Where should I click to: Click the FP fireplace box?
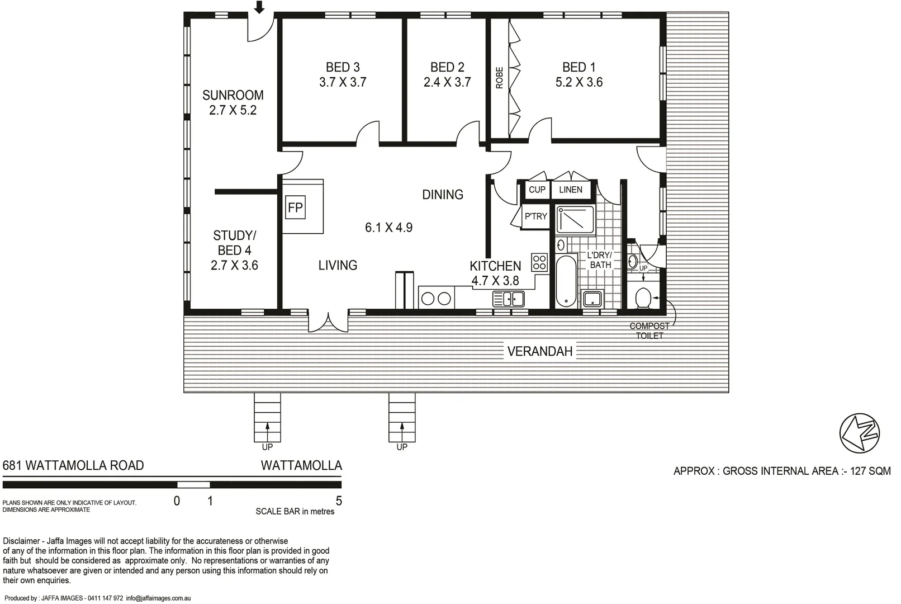click(295, 208)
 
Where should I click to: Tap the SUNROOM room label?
click(233, 95)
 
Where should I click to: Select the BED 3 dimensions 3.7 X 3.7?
click(343, 82)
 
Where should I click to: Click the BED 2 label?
click(447, 67)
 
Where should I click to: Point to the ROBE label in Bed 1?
click(500, 78)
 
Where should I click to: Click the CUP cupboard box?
click(537, 190)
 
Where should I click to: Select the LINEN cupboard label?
click(571, 190)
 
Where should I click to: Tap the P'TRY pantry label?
click(535, 216)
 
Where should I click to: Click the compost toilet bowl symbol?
click(643, 298)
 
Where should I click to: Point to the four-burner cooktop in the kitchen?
click(539, 262)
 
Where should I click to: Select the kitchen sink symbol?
click(509, 299)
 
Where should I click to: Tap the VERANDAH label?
click(540, 352)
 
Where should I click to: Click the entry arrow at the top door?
click(259, 7)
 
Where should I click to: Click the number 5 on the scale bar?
click(339, 501)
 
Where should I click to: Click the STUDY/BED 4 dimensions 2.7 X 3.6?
click(234, 265)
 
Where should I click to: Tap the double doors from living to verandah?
click(328, 321)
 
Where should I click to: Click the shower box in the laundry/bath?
click(576, 220)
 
